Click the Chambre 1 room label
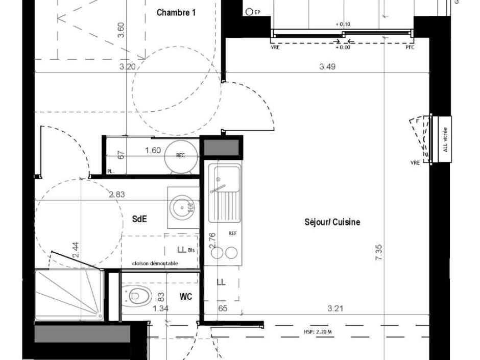coord(176,13)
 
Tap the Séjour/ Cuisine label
coord(332,222)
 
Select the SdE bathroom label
coord(139,219)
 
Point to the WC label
coord(186,296)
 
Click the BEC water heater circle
coord(180,156)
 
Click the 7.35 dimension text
coord(379,253)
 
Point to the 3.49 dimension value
coord(327,66)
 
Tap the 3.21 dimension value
coord(335,308)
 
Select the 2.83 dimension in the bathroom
coord(116,195)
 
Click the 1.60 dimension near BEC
coord(153,150)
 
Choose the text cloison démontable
coord(155,263)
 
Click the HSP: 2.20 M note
coord(318,332)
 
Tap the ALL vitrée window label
coord(445,139)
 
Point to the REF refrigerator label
coord(232,233)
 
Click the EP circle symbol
coord(250,12)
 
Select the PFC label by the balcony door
coord(410,47)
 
